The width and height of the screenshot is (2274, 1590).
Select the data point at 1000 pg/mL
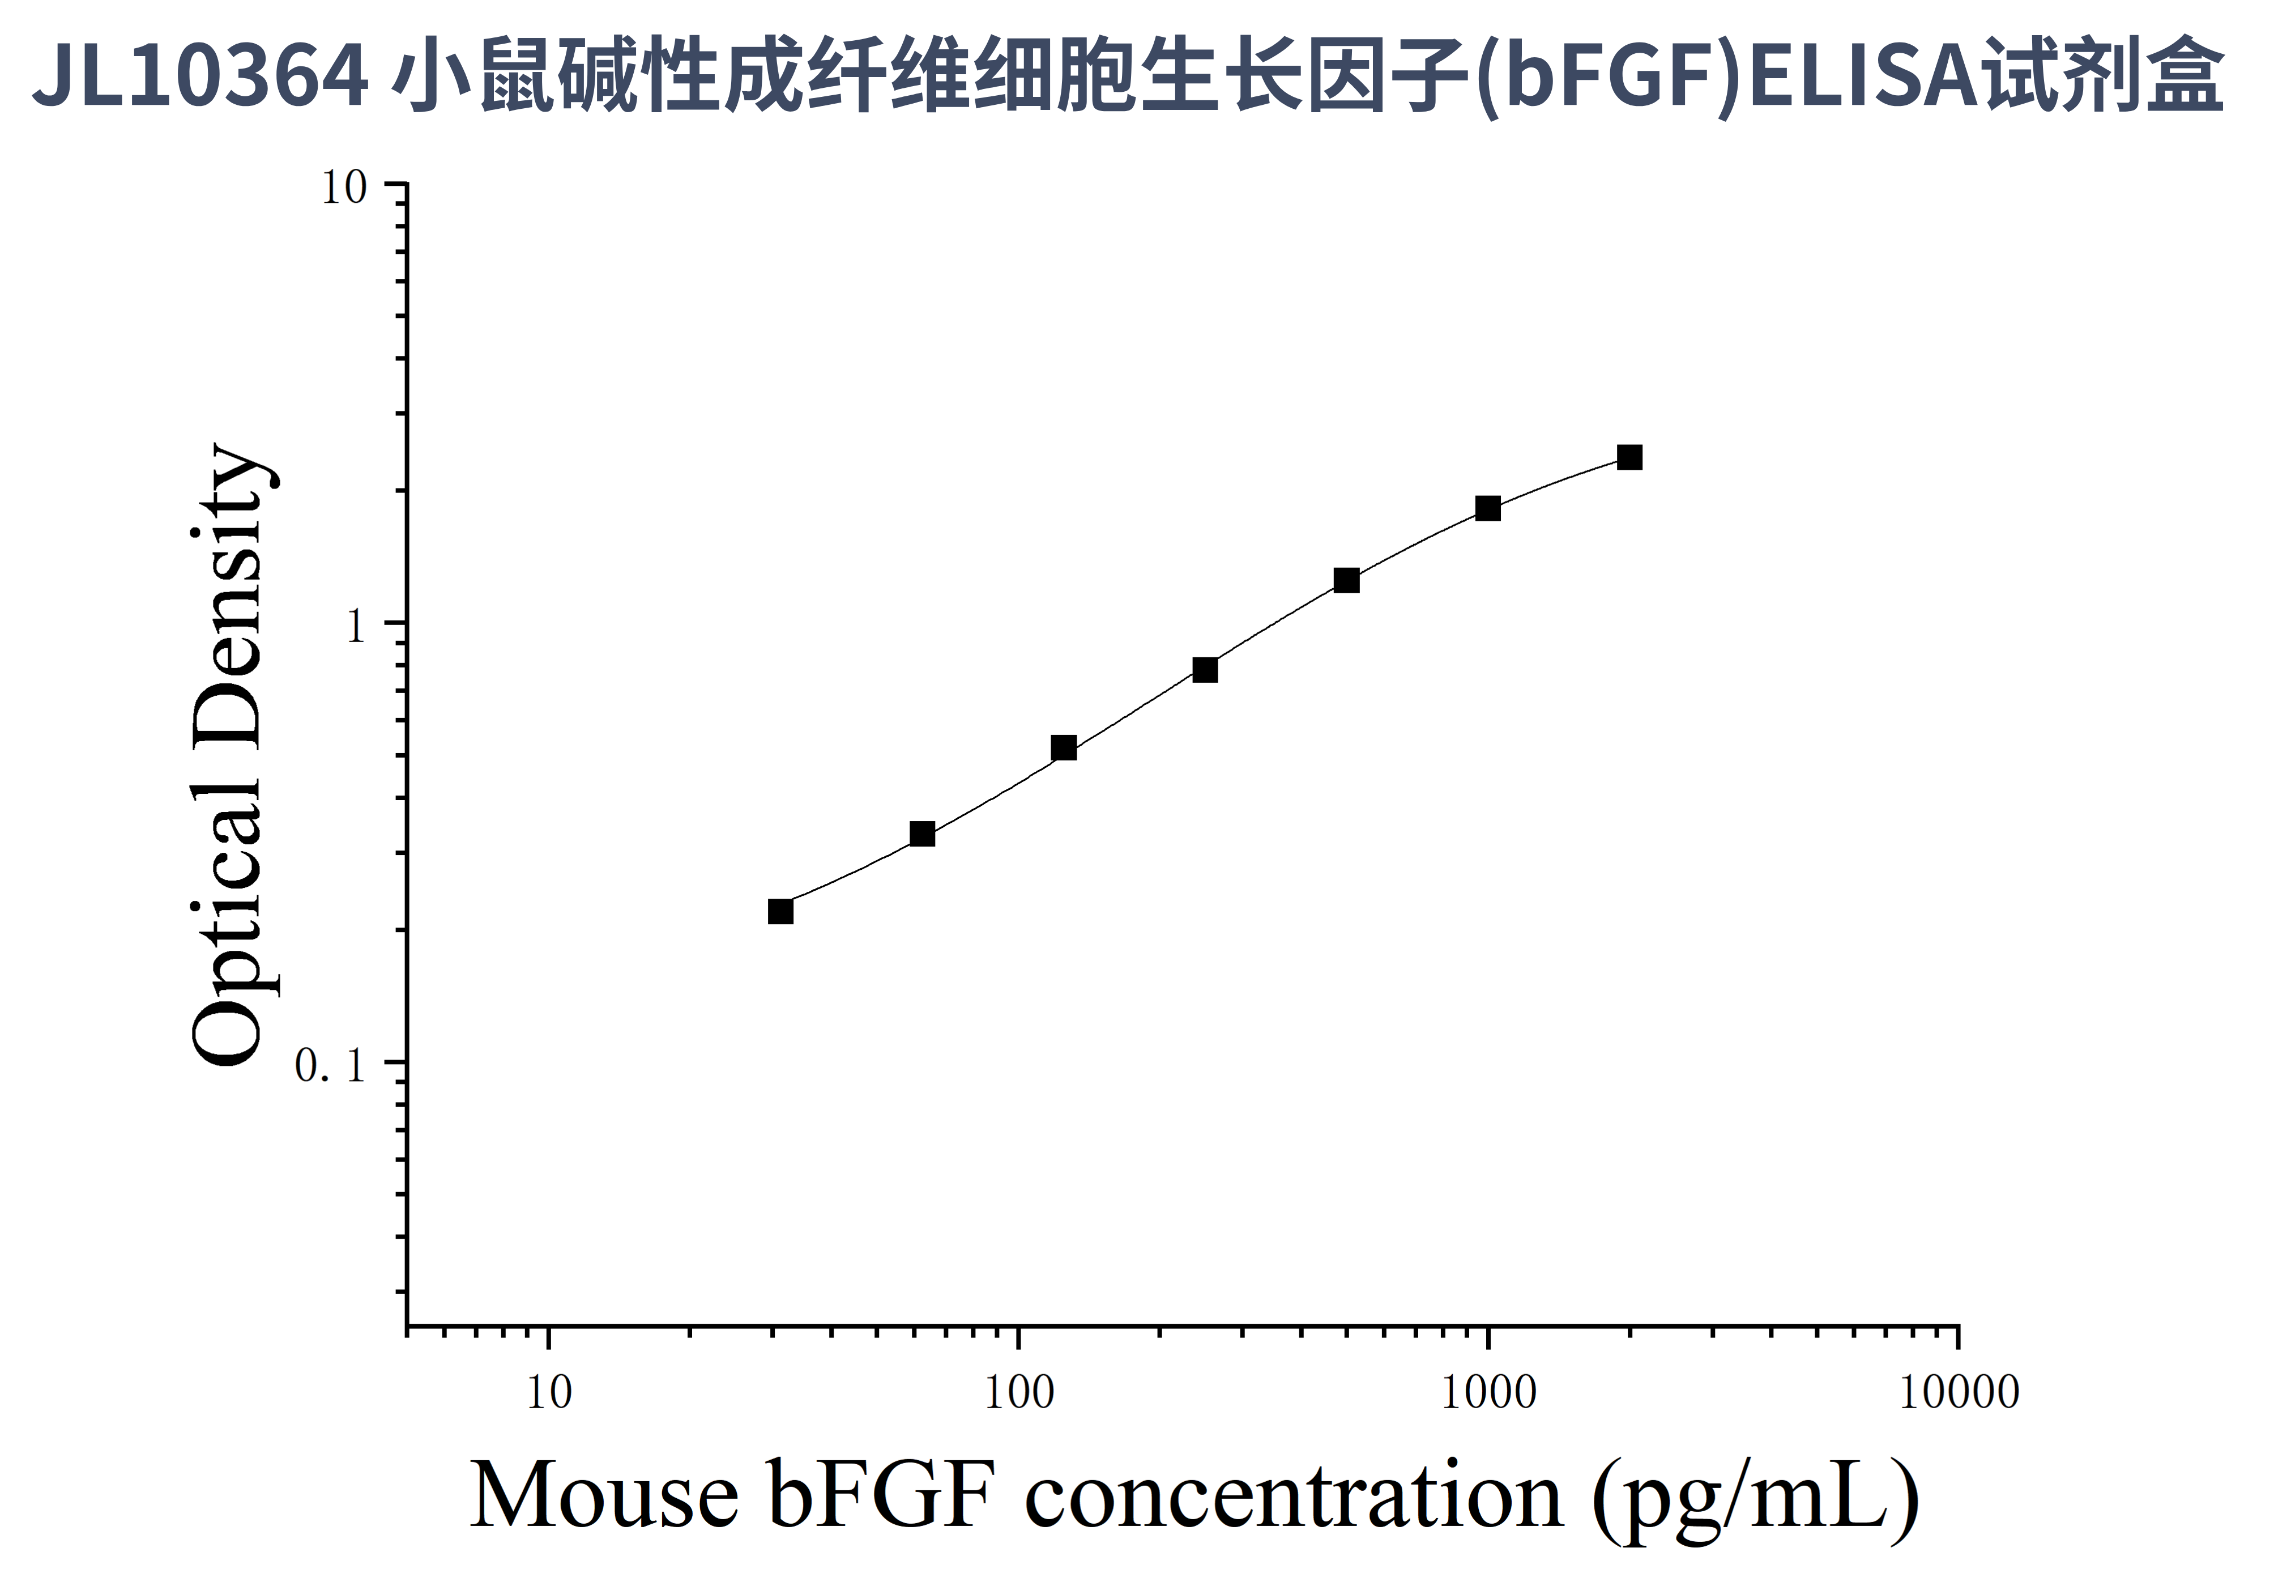click(1488, 508)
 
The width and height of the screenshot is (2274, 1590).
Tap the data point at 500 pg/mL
click(1346, 580)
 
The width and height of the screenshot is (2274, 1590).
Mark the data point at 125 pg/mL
click(1064, 748)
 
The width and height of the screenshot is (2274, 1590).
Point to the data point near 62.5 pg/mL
click(922, 834)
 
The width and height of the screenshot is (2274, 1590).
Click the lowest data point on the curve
click(780, 911)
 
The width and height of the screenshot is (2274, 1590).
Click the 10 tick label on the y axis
click(344, 187)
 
